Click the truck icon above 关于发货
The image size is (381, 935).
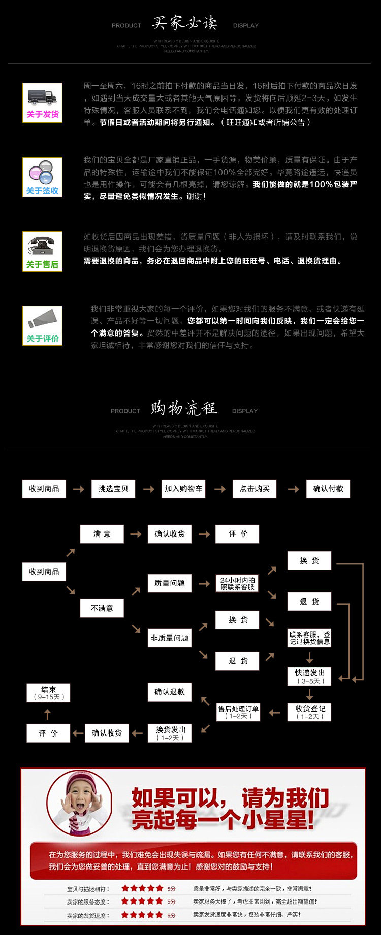[42, 96]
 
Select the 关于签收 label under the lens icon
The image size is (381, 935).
[42, 191]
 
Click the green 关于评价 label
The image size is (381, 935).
[42, 339]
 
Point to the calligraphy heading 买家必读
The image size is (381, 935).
[185, 23]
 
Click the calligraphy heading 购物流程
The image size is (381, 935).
[184, 408]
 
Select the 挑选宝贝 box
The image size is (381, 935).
[113, 489]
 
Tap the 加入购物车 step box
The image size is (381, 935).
[183, 489]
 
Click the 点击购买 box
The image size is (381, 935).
[255, 489]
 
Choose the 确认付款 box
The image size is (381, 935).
[328, 489]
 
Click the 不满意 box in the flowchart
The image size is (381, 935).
[102, 608]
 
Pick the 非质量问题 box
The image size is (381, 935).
[170, 638]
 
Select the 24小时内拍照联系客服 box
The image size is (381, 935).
[237, 583]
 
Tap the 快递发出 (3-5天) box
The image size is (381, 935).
[309, 677]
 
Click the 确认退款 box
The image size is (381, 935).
[170, 692]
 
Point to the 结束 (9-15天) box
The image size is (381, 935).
[48, 693]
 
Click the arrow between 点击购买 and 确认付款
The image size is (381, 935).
[293, 489]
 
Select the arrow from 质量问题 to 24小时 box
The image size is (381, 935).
[204, 584]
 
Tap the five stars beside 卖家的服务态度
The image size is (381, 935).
[142, 901]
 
